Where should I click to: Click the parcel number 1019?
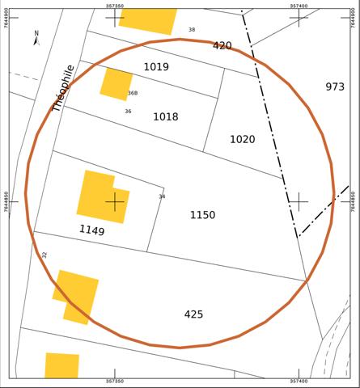click(156, 67)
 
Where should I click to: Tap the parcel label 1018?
click(165, 117)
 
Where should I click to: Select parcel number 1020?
click(242, 140)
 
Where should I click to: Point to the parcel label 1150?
click(202, 215)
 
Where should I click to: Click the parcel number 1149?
click(91, 230)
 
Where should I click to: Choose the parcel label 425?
click(193, 314)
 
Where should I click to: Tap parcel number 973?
click(335, 87)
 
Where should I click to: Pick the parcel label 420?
click(222, 46)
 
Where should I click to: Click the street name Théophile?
click(63, 87)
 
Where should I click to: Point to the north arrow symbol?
click(36, 38)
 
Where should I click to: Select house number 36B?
click(133, 93)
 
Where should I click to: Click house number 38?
click(192, 30)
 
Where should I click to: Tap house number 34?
click(162, 196)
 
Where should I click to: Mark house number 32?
click(44, 255)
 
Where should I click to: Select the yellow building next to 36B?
click(116, 83)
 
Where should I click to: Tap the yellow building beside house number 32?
click(77, 296)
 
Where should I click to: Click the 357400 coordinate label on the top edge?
click(299, 5)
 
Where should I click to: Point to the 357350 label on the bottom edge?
click(115, 382)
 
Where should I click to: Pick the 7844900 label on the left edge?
click(6, 17)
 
